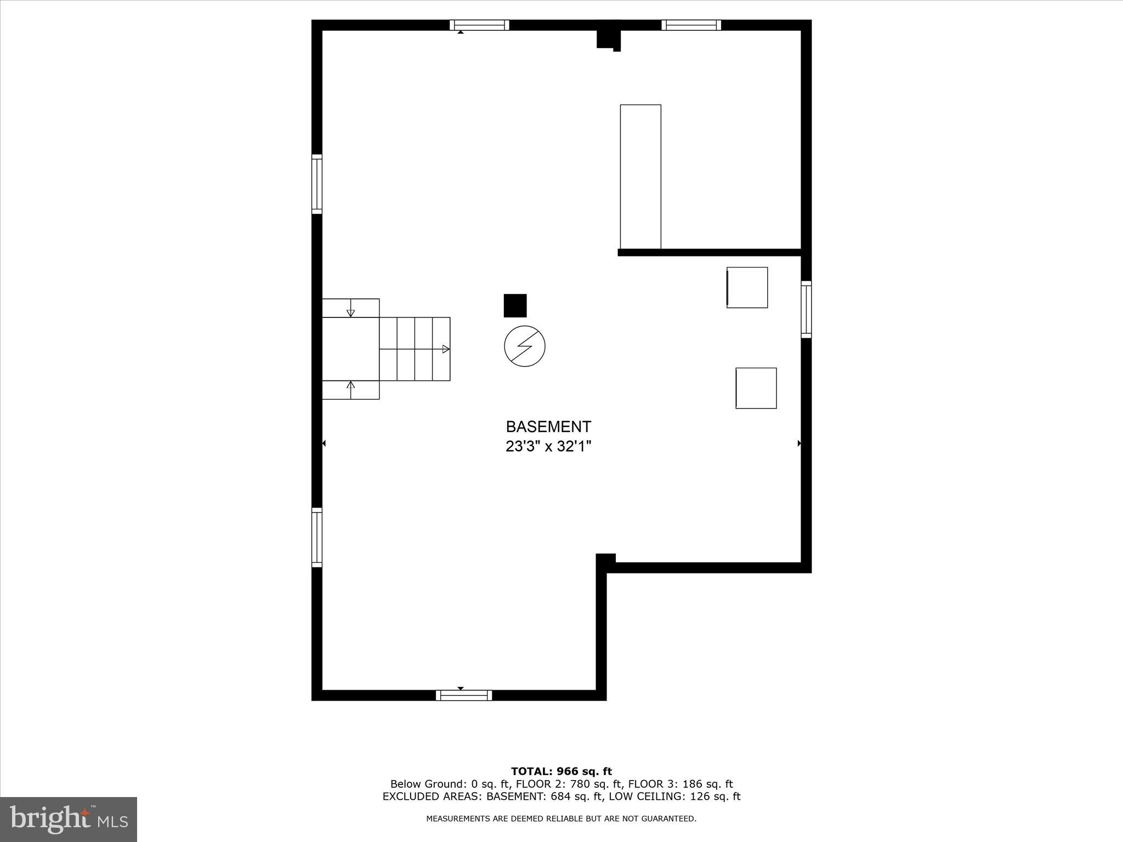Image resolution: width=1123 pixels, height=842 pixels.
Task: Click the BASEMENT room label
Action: coord(548,426)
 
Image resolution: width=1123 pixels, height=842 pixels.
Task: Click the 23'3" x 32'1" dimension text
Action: coord(548,447)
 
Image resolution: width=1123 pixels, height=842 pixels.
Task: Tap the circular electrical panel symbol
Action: coord(525,346)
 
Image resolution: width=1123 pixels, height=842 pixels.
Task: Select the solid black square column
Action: coord(515,305)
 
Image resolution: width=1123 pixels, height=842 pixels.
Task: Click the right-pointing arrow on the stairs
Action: coord(446,349)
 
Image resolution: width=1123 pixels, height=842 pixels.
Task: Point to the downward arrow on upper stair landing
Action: coord(351,312)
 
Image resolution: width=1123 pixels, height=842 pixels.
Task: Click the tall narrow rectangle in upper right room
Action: coord(640,177)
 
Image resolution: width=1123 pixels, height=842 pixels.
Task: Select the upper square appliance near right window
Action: coord(747,287)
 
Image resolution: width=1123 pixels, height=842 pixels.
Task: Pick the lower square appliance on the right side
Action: coord(756,388)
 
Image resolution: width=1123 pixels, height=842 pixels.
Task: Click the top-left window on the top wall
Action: coord(479,25)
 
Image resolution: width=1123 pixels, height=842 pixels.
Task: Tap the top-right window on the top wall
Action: coord(691,25)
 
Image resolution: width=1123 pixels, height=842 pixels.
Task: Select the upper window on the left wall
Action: coord(317,184)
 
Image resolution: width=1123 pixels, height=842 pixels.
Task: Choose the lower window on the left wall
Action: coord(317,537)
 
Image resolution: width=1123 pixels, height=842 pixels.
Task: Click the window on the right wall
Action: coord(806,309)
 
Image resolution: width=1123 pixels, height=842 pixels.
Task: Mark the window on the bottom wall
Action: coord(464,695)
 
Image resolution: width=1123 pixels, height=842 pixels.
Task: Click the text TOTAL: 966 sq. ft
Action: coord(561,772)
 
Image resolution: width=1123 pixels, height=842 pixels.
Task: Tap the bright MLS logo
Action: coord(69,819)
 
